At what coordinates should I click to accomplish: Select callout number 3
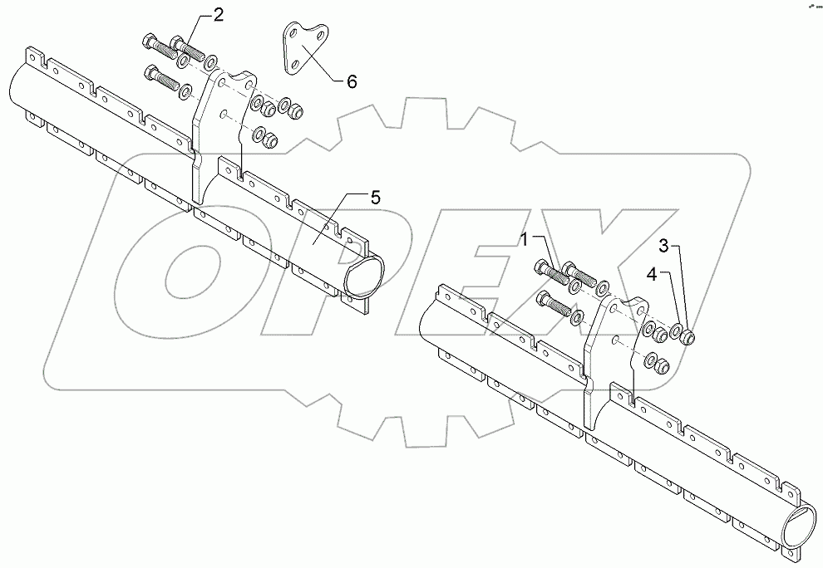(663, 246)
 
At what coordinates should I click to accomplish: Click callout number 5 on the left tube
(375, 198)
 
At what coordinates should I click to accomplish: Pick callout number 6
(351, 81)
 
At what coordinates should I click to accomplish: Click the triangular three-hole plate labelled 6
(303, 51)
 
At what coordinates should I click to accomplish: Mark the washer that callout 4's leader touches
(678, 335)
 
